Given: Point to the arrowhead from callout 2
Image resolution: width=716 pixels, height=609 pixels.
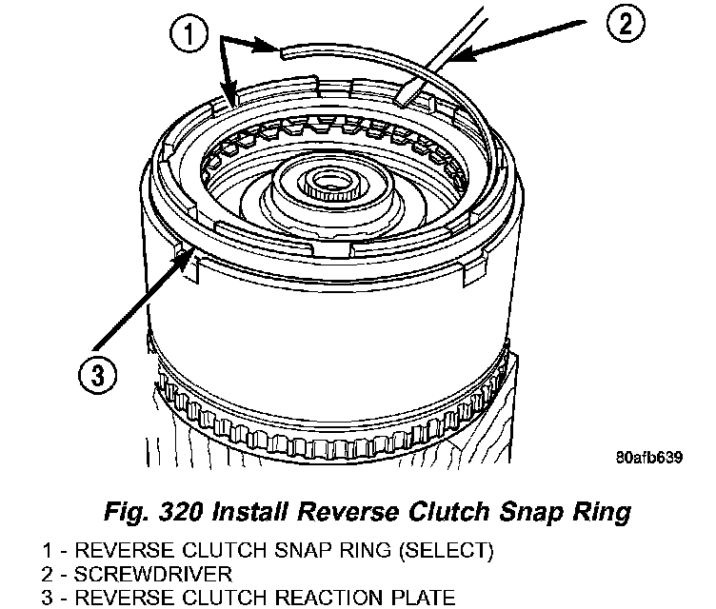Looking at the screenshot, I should point(453,60).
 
